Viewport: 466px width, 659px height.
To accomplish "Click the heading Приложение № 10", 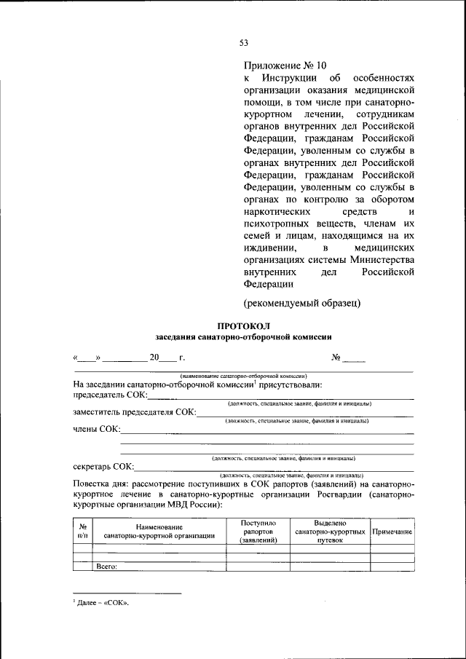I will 280,65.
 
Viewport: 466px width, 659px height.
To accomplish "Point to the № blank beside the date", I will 349,358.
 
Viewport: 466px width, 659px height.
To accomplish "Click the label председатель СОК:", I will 110,395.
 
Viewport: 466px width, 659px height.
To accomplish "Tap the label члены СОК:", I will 96,430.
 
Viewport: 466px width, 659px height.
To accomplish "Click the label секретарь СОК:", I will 103,467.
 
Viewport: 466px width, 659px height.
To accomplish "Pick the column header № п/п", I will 83,532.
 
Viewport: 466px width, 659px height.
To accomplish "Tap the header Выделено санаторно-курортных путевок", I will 330,532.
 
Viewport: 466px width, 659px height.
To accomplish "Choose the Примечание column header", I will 392,532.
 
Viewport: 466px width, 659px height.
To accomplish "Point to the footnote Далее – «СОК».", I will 106,603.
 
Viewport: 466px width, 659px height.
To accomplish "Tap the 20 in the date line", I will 154,358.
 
